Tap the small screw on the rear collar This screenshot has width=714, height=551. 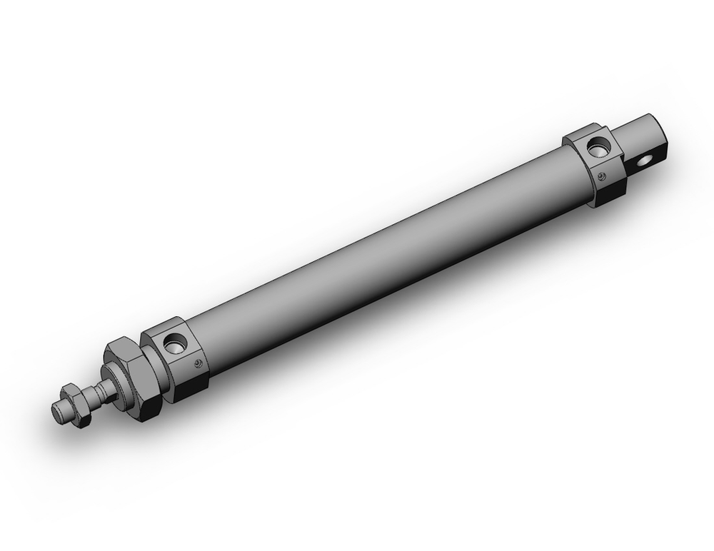(603, 176)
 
